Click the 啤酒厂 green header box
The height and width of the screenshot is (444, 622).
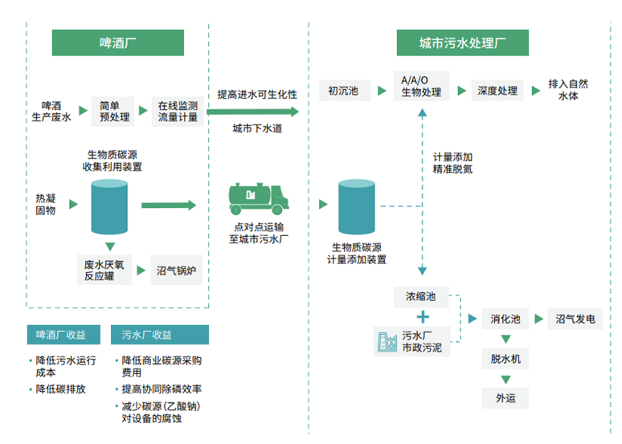click(117, 43)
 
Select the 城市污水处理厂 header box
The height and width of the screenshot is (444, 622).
click(463, 43)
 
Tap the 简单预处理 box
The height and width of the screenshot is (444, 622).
click(110, 111)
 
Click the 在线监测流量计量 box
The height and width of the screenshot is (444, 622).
click(178, 111)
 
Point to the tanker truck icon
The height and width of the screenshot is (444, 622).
click(256, 198)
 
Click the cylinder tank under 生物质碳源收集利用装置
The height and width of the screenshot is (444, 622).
click(110, 207)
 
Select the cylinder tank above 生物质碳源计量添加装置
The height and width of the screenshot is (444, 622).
click(357, 207)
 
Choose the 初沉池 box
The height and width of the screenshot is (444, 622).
click(344, 91)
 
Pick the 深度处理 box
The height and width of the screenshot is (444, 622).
click(497, 91)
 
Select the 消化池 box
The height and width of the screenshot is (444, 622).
click(505, 320)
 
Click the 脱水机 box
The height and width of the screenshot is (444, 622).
click(505, 359)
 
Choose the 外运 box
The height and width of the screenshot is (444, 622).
click(505, 398)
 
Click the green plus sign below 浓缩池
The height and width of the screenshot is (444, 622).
click(422, 317)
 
